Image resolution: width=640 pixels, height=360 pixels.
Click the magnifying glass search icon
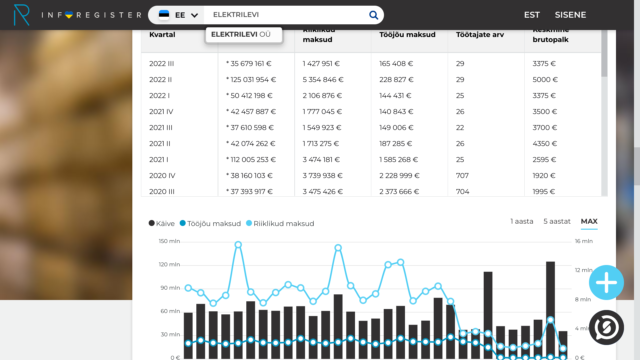coord(374,15)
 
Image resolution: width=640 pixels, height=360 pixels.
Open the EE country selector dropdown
coord(178,15)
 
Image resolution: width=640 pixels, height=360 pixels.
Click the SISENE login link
coord(570,15)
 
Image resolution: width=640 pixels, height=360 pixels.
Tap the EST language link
coord(532,15)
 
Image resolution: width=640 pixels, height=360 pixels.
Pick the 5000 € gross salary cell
coord(545,80)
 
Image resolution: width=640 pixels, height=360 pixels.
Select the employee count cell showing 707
coord(462,176)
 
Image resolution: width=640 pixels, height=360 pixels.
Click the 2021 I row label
coord(159,160)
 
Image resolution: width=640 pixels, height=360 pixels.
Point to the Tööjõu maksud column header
coord(407,35)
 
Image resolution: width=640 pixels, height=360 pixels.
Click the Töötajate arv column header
coord(480,35)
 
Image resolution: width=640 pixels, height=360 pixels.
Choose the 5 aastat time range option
coord(557,221)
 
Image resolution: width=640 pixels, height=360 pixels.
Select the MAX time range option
coord(589,221)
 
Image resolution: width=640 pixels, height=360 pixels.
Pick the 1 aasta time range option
coord(522,221)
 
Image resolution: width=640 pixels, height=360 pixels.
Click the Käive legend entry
coord(162,223)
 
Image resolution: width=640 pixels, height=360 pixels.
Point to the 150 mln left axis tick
coord(169,241)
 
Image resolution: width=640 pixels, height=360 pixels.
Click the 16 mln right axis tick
coord(584,241)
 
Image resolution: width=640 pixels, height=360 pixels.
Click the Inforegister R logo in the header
coord(22,15)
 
